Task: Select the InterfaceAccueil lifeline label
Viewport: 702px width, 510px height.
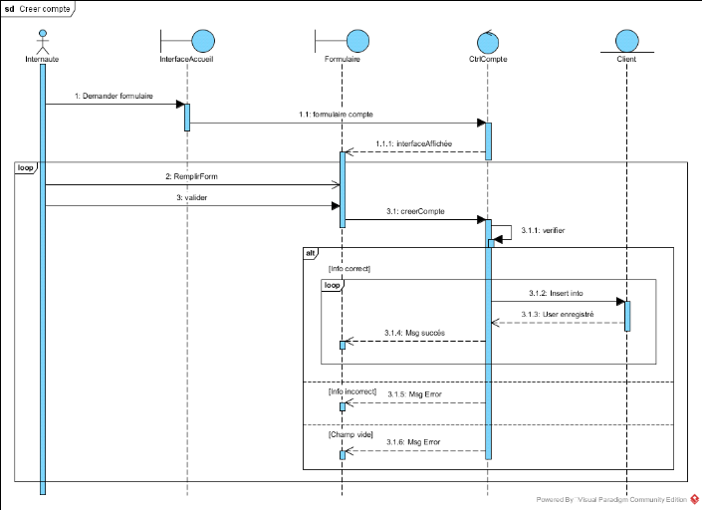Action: coord(187,60)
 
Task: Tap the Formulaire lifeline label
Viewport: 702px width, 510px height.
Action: coord(342,60)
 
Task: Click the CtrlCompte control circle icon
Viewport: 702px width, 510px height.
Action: coord(488,40)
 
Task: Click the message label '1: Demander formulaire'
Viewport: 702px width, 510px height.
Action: coord(113,96)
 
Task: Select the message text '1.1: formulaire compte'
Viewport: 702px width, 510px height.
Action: coord(337,116)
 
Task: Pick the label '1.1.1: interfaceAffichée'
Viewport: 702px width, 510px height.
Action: coord(413,143)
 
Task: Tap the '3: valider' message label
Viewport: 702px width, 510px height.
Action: coord(192,197)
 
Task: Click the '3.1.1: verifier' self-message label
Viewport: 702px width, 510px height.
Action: coord(542,230)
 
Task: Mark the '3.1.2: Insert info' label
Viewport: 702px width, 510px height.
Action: coord(556,293)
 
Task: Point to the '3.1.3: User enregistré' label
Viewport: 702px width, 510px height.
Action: coord(556,314)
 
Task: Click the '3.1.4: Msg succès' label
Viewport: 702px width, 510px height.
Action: coord(414,333)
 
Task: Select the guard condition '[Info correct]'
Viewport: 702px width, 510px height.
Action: coord(349,268)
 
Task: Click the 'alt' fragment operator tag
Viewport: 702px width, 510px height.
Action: coord(311,254)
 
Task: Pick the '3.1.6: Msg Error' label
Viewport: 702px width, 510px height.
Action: coord(413,442)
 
